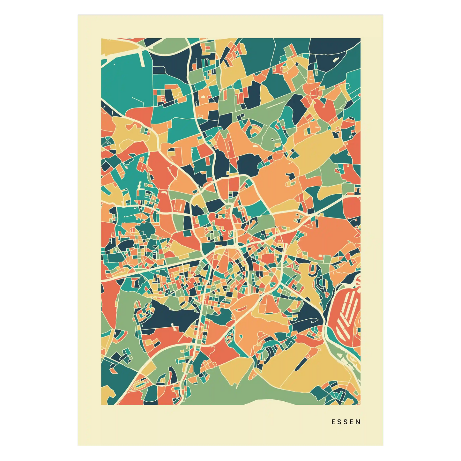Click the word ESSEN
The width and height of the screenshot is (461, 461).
(x=346, y=422)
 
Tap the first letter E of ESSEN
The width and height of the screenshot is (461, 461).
(x=333, y=422)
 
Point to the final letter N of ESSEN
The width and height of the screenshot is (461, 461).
(x=359, y=422)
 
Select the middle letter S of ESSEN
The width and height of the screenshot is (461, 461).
(x=346, y=422)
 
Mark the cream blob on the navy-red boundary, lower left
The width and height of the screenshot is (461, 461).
(x=174, y=326)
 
